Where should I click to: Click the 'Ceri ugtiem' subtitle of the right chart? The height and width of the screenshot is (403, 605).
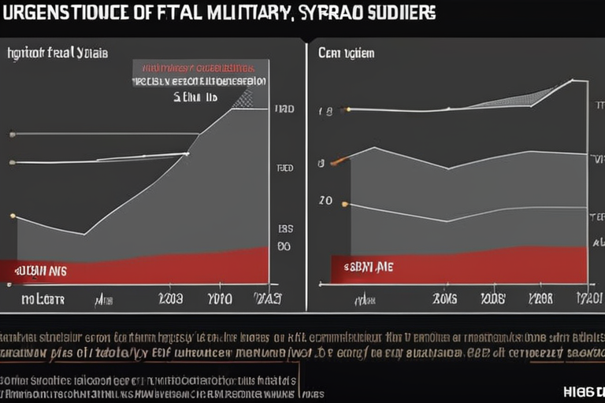pos(346,54)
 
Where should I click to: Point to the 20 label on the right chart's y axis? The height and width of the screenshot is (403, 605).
pos(325,201)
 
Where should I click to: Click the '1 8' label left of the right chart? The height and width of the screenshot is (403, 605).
pos(325,112)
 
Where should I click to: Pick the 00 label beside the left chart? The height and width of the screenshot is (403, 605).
pos(284,246)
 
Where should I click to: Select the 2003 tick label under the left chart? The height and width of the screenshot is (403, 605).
pos(171,299)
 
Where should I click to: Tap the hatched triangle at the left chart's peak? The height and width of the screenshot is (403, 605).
pos(244,99)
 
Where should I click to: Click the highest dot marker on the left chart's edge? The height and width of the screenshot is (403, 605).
pos(12,135)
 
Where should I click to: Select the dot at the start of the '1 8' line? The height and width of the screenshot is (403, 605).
pos(348,109)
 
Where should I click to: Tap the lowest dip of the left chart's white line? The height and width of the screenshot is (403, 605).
pos(84,234)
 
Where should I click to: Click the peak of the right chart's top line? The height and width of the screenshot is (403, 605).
pos(572,80)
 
